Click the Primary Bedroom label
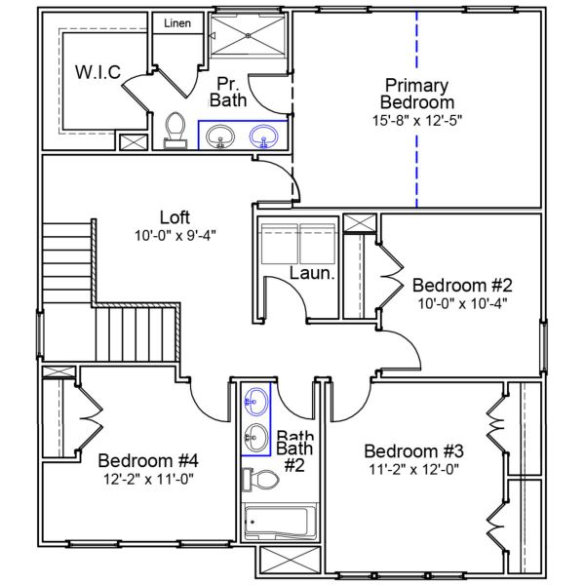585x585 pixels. coord(418,93)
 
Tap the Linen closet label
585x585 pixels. coord(176,21)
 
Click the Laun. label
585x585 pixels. coord(312,275)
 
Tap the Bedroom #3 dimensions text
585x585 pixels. coord(411,470)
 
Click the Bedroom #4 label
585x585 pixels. coord(149,460)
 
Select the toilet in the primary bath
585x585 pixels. coord(175,130)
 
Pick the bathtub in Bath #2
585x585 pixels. coord(281,524)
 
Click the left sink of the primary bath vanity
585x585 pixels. coord(219,137)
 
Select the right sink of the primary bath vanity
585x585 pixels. coord(263,137)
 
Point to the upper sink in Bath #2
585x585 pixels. coord(255,400)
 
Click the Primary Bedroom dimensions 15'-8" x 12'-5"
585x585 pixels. coord(418,122)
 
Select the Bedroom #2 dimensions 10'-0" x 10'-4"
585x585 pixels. coord(462,305)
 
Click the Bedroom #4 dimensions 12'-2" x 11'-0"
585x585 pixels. coord(149,480)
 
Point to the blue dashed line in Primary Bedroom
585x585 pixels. coord(416,107)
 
